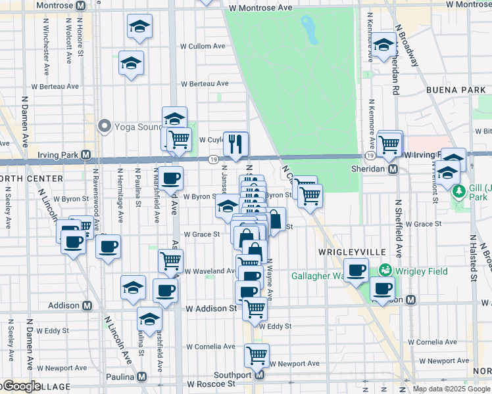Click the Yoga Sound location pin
click(103, 125)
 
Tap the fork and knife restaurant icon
click(235, 142)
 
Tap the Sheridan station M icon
click(393, 169)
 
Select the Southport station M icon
click(259, 375)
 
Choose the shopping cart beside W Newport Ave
click(257, 355)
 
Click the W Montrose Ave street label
click(259, 8)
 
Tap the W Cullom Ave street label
click(203, 47)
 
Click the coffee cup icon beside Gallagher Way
click(357, 270)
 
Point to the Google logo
click(21, 386)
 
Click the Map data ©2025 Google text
click(451, 389)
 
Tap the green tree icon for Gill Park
click(460, 190)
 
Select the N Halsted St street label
click(473, 259)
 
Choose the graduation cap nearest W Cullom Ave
click(131, 63)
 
